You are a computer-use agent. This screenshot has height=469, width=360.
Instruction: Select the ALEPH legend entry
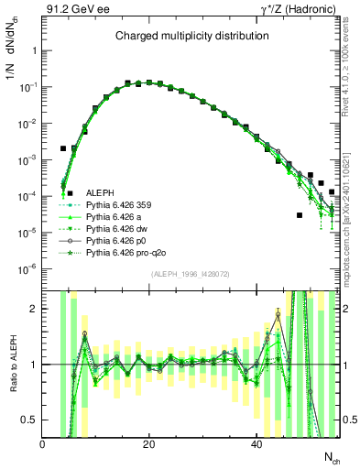coord(101,192)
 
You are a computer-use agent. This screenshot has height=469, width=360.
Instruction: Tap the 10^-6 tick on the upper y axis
coord(27,268)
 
